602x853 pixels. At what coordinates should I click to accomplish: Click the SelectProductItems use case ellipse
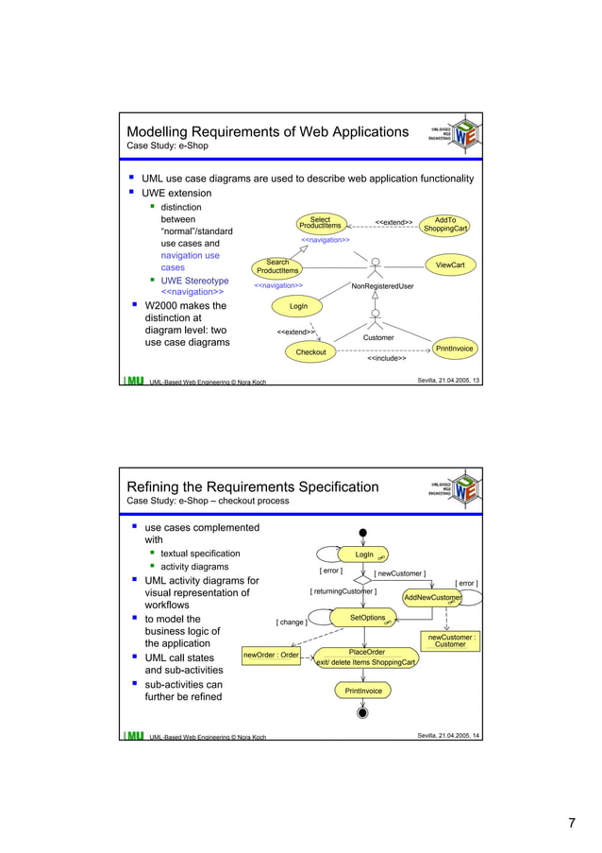(x=320, y=223)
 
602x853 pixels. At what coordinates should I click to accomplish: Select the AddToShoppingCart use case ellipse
(x=445, y=224)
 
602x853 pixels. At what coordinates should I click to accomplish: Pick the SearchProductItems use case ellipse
(x=277, y=267)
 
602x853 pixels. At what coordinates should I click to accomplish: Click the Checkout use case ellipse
(x=311, y=352)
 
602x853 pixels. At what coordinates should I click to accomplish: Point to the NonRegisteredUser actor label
(x=382, y=285)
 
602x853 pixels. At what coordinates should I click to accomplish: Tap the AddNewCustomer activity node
(x=432, y=598)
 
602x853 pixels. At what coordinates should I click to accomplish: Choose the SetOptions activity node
(x=367, y=618)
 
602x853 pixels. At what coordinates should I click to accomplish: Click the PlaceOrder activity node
(x=367, y=657)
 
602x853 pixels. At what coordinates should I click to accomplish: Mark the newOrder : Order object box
(x=271, y=655)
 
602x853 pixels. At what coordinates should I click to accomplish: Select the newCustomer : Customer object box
(x=450, y=640)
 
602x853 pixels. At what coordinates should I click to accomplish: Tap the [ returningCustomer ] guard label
(x=343, y=592)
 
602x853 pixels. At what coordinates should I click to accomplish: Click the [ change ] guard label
(x=291, y=623)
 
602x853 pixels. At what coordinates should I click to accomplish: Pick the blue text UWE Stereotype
(x=194, y=281)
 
